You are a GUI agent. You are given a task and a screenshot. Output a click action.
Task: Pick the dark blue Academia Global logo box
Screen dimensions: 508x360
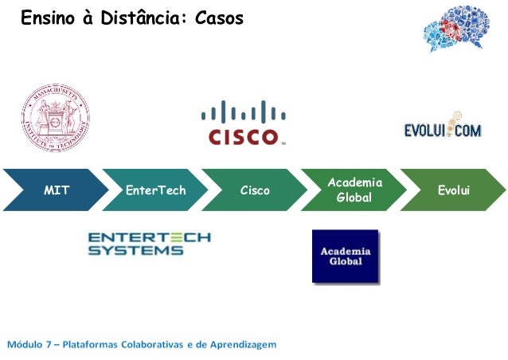coord(345,256)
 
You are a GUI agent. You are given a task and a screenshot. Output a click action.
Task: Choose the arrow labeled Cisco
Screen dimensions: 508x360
coord(253,190)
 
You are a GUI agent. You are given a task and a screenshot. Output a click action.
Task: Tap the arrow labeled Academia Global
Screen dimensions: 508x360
coord(352,190)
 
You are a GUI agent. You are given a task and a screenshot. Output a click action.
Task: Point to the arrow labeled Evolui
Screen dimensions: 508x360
coord(451,190)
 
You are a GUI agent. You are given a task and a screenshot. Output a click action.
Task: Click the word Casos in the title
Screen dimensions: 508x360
coord(219,17)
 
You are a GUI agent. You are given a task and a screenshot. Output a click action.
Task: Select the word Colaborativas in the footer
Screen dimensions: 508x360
coord(148,344)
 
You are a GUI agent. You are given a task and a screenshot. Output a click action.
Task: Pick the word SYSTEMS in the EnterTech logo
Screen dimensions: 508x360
coord(135,251)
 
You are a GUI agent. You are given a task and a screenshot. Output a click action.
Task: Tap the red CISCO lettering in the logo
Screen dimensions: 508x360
coord(243,136)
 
